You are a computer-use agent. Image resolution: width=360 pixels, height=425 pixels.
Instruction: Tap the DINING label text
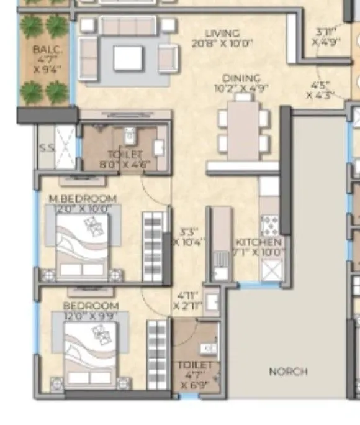click(x=242, y=78)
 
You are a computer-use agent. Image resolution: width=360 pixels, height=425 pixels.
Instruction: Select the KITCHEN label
click(x=259, y=242)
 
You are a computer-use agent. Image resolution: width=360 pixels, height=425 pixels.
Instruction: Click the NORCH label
click(x=288, y=371)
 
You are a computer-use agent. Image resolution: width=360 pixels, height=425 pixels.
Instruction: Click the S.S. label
click(x=45, y=149)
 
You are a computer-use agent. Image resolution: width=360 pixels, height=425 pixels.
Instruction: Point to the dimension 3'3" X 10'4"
click(x=189, y=235)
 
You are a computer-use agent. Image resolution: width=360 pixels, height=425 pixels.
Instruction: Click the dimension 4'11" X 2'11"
click(x=187, y=301)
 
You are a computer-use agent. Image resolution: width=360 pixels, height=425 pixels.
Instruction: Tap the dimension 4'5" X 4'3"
click(x=321, y=90)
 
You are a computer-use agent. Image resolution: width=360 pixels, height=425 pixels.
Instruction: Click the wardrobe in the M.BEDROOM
click(x=155, y=247)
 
